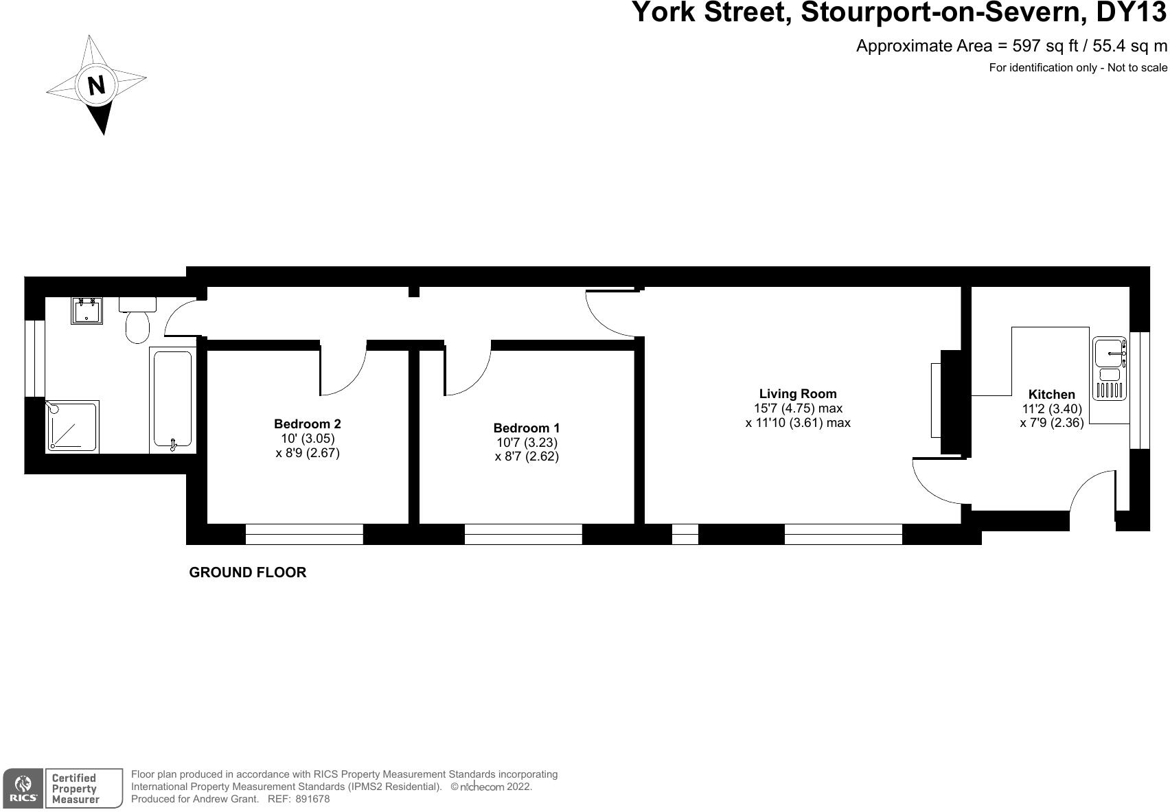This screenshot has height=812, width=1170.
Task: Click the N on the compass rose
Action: coord(97,85)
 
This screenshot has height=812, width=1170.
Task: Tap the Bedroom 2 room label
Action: coord(307,424)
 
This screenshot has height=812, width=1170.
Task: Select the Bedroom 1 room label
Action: coord(527,428)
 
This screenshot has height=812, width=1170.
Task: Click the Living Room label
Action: coord(798,394)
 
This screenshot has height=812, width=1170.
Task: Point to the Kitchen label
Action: coord(1051,395)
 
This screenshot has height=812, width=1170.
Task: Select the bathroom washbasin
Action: coord(87,310)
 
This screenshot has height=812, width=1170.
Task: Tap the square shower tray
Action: coord(72,426)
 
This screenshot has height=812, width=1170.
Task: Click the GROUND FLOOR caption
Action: coord(247,572)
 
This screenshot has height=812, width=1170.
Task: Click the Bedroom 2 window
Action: coord(304,534)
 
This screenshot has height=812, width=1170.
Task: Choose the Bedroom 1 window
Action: coord(523,534)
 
